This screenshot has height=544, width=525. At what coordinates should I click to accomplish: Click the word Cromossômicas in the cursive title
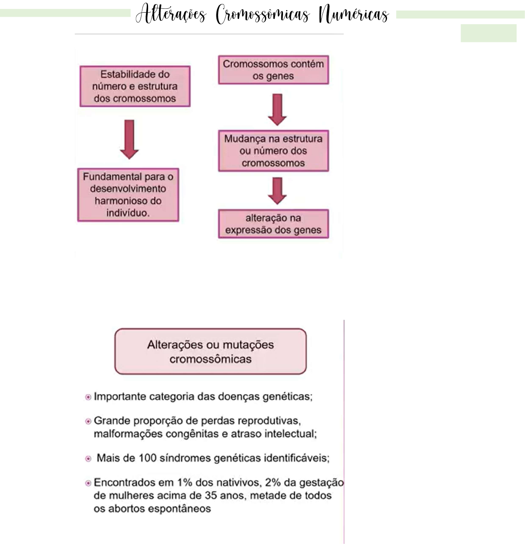[263, 15]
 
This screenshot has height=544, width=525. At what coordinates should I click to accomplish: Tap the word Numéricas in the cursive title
[354, 15]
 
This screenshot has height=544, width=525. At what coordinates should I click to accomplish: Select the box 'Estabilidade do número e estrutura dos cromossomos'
[135, 86]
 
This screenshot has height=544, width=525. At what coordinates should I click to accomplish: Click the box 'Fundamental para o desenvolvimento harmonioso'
[128, 194]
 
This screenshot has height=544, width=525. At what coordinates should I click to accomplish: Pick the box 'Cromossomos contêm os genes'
[273, 70]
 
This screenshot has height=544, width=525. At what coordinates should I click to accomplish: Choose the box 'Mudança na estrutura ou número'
[273, 151]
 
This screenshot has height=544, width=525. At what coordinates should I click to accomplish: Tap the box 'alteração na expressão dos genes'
[273, 224]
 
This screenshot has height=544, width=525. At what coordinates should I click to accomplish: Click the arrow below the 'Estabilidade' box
[129, 139]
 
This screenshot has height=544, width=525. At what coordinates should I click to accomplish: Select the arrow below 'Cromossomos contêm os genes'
[277, 109]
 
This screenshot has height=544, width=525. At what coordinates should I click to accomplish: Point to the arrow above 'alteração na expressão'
[277, 190]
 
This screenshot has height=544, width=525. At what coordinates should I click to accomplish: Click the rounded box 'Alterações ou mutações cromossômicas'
[210, 351]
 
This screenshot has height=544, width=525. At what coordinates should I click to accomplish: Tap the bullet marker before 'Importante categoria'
[88, 397]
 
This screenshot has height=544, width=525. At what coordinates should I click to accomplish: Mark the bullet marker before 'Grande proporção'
[88, 421]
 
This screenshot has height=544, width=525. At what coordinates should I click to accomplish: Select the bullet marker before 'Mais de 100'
[88, 459]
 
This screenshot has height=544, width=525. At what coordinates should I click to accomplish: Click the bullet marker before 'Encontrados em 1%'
[88, 483]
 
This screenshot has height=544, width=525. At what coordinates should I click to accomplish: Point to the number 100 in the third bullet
[148, 458]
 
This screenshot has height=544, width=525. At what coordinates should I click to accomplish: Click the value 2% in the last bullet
[273, 482]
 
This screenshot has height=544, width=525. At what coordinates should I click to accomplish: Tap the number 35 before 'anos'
[211, 496]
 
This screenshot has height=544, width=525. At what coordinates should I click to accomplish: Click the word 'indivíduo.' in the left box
[128, 213]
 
